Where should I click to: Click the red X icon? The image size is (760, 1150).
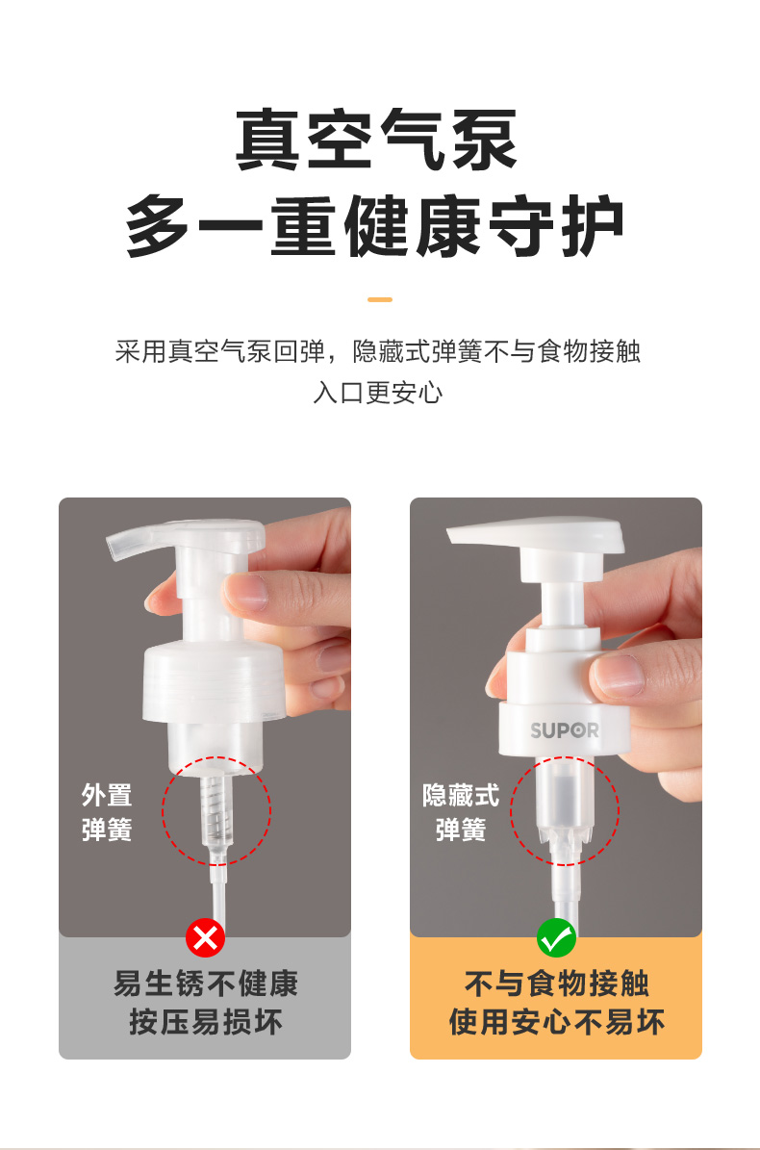click(205, 938)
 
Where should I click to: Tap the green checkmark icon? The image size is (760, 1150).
click(556, 938)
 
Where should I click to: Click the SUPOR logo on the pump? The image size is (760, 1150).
click(565, 730)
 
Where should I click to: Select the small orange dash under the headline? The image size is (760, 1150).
click(380, 299)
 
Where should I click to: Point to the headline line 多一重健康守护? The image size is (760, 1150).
click(375, 226)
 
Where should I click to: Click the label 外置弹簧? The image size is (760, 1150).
click(107, 812)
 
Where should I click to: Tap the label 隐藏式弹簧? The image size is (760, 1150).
click(461, 812)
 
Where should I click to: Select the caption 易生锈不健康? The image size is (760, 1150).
click(205, 984)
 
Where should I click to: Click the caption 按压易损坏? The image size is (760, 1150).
click(205, 1022)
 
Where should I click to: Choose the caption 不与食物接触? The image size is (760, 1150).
click(556, 984)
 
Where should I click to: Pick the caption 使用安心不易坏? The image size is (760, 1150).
click(556, 1022)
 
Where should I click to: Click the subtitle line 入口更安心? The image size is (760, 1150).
click(378, 393)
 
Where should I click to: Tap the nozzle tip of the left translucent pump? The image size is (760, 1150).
click(115, 547)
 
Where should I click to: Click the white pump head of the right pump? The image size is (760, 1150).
click(536, 533)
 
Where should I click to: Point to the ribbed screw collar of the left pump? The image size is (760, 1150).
click(213, 682)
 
